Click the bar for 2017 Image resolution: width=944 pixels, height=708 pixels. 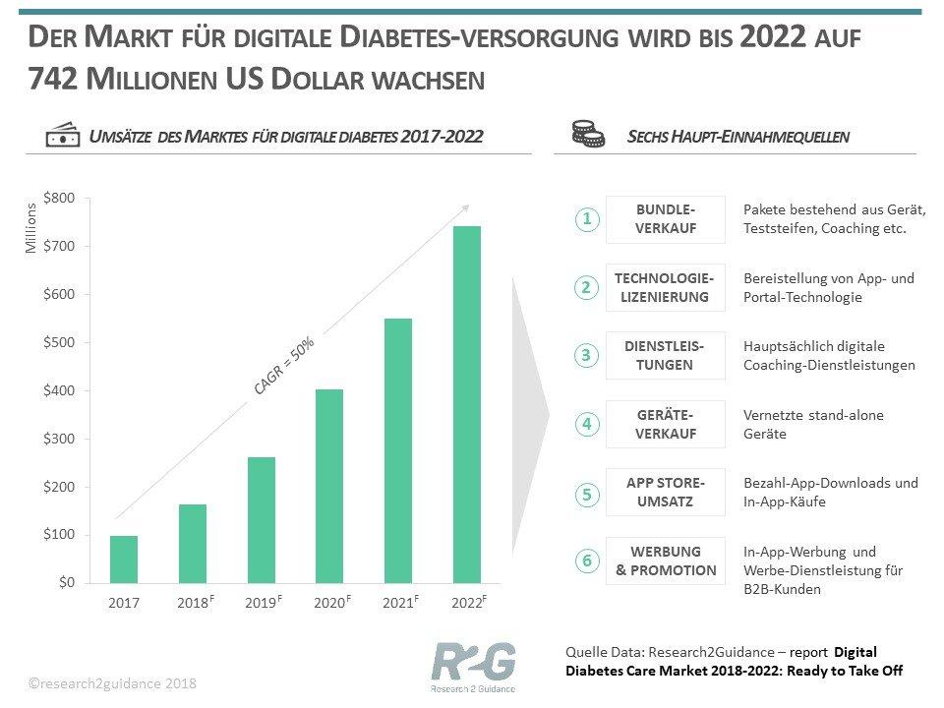124,559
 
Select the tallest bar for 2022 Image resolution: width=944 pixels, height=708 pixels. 467,404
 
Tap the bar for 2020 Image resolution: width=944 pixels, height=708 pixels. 329,486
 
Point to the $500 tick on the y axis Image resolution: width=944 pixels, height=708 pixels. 59,342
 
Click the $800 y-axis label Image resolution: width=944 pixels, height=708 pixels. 59,198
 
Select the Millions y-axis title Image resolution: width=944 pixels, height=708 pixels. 31,227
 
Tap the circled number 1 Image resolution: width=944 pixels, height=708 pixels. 587,219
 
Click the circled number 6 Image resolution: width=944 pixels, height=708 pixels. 587,561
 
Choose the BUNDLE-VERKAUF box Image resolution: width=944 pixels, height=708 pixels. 666,219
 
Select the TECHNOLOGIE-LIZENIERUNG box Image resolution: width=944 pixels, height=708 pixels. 666,287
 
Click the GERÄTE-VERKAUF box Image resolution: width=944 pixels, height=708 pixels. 666,424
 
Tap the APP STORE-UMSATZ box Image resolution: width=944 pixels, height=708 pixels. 666,492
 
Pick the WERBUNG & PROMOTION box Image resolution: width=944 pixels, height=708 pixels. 666,560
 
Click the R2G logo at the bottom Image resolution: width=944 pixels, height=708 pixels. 473,664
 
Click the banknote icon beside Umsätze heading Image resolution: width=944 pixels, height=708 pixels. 63,137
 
